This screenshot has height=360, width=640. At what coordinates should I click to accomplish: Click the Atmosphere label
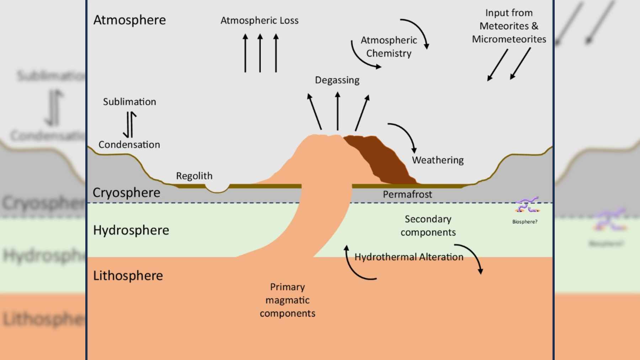pyautogui.click(x=129, y=20)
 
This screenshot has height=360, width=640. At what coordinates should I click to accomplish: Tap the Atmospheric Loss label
pyautogui.click(x=259, y=21)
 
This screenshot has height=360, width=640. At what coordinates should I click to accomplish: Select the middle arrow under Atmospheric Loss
pyautogui.click(x=260, y=53)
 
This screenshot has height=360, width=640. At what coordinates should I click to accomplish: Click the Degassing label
pyautogui.click(x=337, y=80)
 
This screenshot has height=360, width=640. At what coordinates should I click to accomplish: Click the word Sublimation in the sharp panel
pyautogui.click(x=129, y=102)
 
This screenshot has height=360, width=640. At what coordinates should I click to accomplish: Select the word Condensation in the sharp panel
pyautogui.click(x=129, y=145)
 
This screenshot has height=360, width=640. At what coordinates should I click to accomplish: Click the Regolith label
pyautogui.click(x=194, y=176)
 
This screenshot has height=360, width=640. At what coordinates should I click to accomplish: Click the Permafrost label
pyautogui.click(x=407, y=194)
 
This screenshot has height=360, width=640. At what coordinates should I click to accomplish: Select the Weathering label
pyautogui.click(x=438, y=160)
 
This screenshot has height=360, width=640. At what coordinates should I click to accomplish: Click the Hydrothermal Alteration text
pyautogui.click(x=409, y=257)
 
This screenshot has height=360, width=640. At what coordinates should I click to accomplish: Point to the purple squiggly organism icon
pyautogui.click(x=527, y=205)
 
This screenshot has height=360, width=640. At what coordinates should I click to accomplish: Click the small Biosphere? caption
pyautogui.click(x=524, y=222)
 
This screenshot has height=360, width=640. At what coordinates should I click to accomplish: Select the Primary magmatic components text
pyautogui.click(x=287, y=300)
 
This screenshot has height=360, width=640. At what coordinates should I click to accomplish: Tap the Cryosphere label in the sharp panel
pyautogui.click(x=126, y=193)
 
